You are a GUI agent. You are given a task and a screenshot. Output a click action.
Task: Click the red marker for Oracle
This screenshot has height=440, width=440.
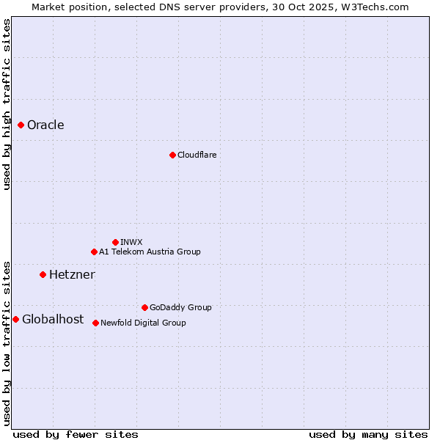21,125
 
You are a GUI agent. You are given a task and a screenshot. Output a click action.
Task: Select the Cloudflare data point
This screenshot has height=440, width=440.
172,155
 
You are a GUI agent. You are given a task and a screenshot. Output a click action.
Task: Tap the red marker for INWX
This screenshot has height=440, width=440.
115,242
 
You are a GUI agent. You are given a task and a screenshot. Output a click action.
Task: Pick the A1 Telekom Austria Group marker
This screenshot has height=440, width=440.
94,252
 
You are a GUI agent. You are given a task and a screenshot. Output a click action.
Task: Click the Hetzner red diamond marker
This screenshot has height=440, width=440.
43,274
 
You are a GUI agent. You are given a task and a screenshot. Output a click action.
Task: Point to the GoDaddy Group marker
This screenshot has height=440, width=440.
144,307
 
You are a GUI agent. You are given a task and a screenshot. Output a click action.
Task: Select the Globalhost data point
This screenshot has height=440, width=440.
15,319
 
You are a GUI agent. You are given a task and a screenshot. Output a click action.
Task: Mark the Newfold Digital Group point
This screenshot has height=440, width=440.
95,323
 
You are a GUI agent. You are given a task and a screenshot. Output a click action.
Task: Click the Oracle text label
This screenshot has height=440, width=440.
45,125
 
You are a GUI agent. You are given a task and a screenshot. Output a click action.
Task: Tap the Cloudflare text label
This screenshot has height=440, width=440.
197,155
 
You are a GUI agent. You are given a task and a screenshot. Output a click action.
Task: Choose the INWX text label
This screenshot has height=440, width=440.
131,242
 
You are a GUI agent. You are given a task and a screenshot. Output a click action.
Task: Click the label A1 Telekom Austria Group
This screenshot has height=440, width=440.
150,252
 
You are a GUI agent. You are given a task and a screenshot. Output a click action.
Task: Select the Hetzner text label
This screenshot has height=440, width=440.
72,274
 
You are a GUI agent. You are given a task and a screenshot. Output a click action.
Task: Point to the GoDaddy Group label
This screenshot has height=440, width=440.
180,307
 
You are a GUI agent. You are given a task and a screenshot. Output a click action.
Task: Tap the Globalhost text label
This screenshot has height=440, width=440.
53,319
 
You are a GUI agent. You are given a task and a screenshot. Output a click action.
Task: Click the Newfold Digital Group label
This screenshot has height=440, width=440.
143,323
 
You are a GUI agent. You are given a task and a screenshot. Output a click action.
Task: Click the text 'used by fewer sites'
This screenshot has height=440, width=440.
76,434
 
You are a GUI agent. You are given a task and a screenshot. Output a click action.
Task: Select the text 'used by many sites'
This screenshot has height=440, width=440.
368,434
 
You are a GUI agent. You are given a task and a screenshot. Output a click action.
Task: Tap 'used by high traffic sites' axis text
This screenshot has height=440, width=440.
7,104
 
